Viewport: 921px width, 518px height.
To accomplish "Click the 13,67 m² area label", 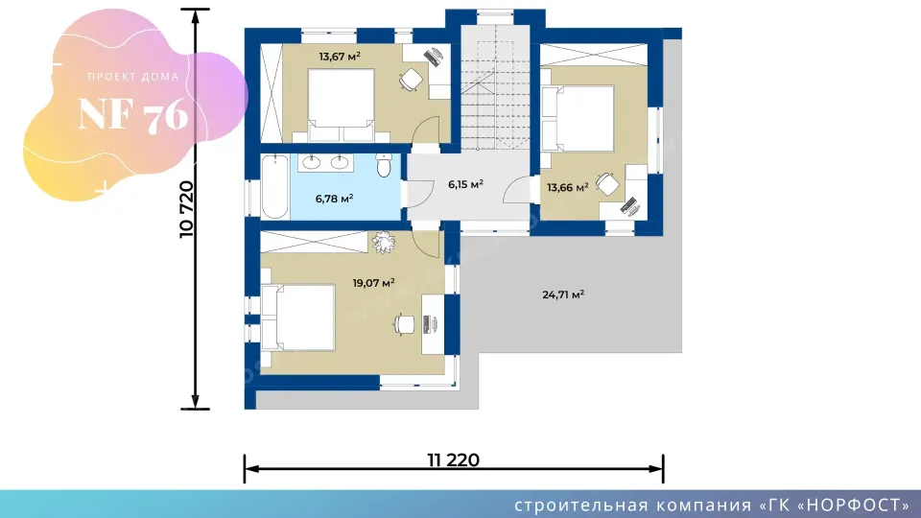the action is pyautogui.click(x=340, y=57).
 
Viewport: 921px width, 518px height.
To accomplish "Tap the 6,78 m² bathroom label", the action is pyautogui.click(x=334, y=199).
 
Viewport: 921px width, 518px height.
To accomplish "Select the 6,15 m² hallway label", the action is pyautogui.click(x=466, y=184).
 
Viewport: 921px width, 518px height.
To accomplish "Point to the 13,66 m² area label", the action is pyautogui.click(x=568, y=187).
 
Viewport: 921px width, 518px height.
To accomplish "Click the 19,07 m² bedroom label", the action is pyautogui.click(x=373, y=282).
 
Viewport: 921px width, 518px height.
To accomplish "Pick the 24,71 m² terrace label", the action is pyautogui.click(x=563, y=294).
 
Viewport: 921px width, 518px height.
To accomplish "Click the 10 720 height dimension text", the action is pyautogui.click(x=186, y=209).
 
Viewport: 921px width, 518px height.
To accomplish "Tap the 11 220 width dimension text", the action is pyautogui.click(x=454, y=459).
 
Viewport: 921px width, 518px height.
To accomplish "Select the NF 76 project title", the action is pyautogui.click(x=133, y=114).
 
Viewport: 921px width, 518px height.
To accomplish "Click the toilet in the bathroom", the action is pyautogui.click(x=384, y=165).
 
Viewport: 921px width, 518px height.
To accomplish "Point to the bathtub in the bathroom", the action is pyautogui.click(x=275, y=187).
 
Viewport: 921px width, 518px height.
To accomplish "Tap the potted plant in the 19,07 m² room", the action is pyautogui.click(x=383, y=242).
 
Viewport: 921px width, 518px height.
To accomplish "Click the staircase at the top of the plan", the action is pyautogui.click(x=495, y=87).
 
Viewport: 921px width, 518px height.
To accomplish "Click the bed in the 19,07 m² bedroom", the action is pyautogui.click(x=298, y=318).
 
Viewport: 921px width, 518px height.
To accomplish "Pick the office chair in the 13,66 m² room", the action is pyautogui.click(x=607, y=184).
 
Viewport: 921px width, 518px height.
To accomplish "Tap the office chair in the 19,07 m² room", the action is pyautogui.click(x=404, y=324).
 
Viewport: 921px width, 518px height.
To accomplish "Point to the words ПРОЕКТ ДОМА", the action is pyautogui.click(x=133, y=77).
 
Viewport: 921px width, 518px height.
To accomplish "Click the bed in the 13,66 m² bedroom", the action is pyautogui.click(x=579, y=119).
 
